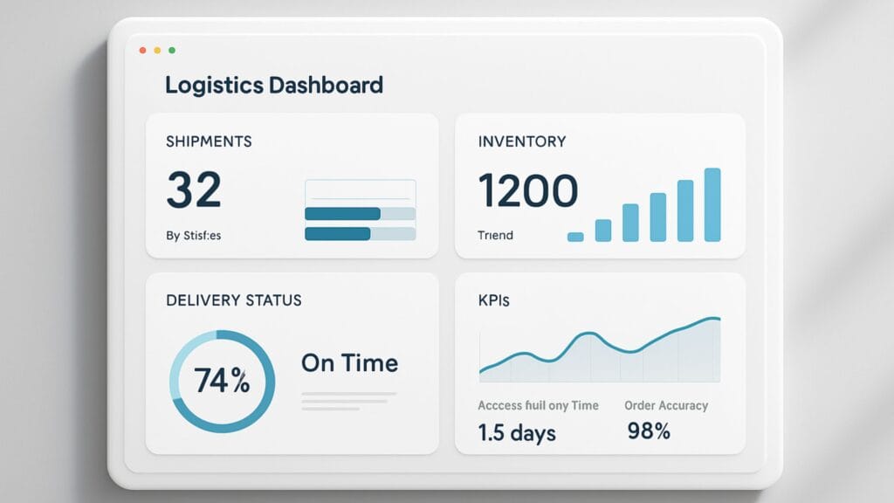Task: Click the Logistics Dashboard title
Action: (273, 86)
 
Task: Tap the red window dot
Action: (142, 51)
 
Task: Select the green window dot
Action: (172, 51)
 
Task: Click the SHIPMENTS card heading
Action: (209, 141)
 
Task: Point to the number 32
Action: (194, 189)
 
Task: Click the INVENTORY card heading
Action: (522, 141)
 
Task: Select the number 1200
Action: (527, 189)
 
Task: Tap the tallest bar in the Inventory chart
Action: (712, 204)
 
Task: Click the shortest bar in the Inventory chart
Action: (575, 237)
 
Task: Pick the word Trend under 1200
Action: (495, 236)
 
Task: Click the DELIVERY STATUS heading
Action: (234, 300)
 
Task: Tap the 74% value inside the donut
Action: (222, 382)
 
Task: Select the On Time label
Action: (349, 363)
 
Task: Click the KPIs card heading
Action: (494, 300)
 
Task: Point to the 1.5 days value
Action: (517, 431)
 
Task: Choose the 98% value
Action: (649, 431)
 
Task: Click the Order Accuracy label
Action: (666, 406)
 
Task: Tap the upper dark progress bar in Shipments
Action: (342, 214)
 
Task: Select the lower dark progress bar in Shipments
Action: (338, 234)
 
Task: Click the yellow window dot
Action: (157, 51)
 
